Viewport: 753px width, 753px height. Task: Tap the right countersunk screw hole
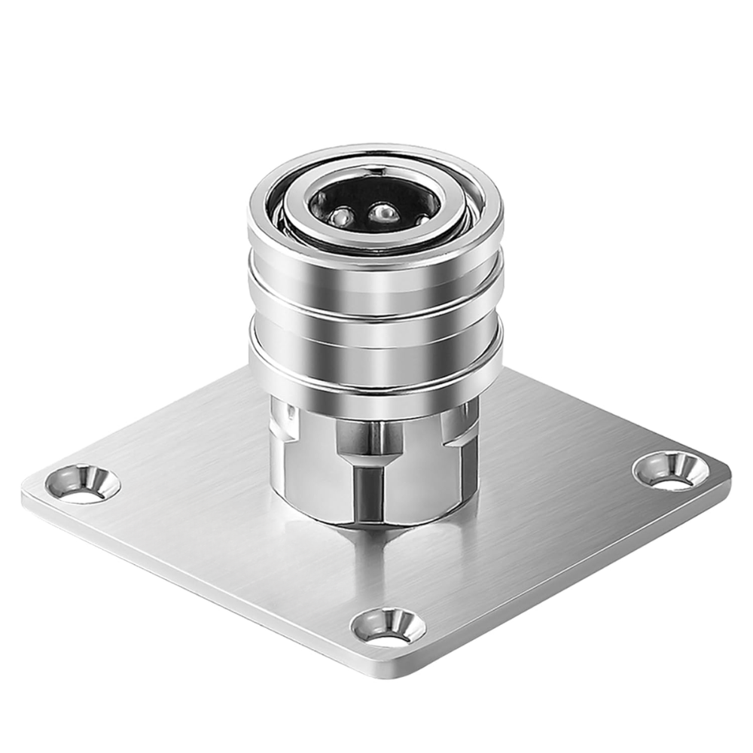point(670,471)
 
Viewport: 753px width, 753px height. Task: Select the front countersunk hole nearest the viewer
point(388,626)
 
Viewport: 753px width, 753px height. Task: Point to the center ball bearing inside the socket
point(383,214)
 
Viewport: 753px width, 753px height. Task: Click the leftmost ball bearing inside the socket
point(341,217)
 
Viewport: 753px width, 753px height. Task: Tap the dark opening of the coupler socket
point(374,197)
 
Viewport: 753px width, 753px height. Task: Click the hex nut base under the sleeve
point(374,467)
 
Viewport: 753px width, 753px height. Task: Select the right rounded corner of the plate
point(723,474)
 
